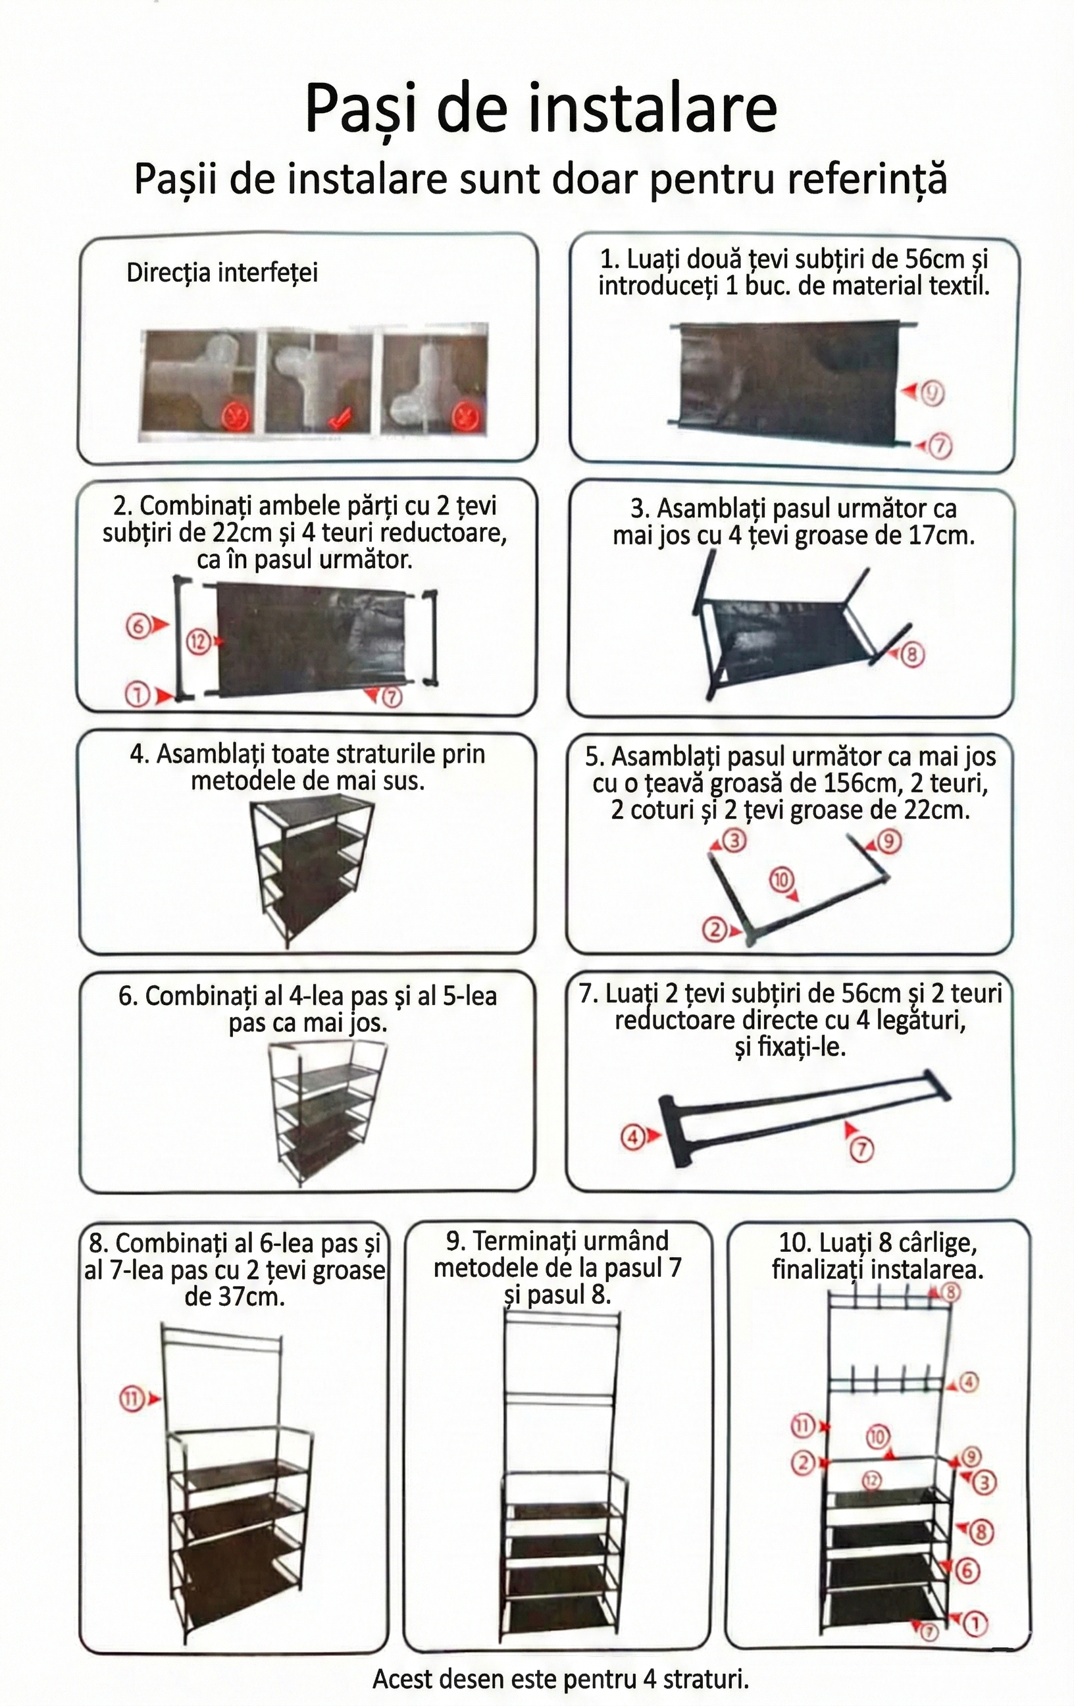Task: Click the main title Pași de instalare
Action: click(540, 110)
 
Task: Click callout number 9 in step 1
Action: click(933, 394)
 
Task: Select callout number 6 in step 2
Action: click(137, 625)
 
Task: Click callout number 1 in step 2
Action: click(137, 696)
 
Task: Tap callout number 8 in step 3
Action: click(913, 655)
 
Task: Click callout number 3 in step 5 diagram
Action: click(735, 842)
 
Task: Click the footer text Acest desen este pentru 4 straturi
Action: click(559, 1679)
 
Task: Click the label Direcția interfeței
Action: click(222, 272)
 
